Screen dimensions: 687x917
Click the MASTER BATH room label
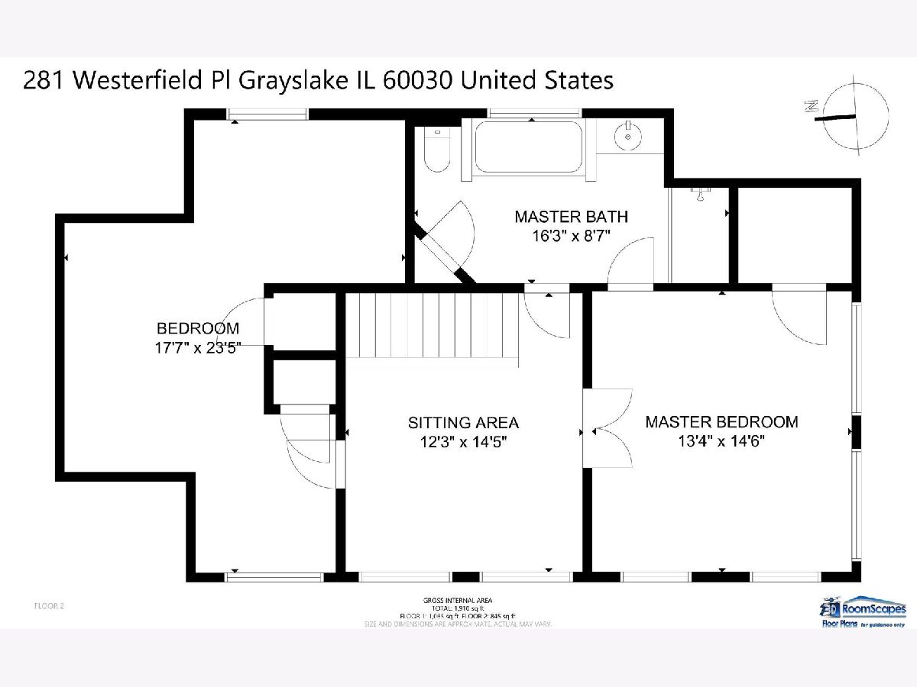tap(571, 217)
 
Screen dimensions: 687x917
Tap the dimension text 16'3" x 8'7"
tap(571, 236)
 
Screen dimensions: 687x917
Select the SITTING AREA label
tap(463, 422)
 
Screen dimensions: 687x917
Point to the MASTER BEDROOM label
tap(721, 422)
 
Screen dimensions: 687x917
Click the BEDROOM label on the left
tap(198, 329)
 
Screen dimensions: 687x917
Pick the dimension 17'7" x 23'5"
tap(198, 348)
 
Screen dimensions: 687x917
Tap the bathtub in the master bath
tap(528, 147)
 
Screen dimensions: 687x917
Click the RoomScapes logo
tap(863, 611)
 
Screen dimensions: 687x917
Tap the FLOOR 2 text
tap(50, 606)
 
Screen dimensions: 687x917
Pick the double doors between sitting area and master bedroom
tap(607, 428)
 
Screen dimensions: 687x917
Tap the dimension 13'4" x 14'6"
tap(721, 441)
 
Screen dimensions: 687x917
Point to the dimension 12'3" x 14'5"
tap(463, 441)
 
